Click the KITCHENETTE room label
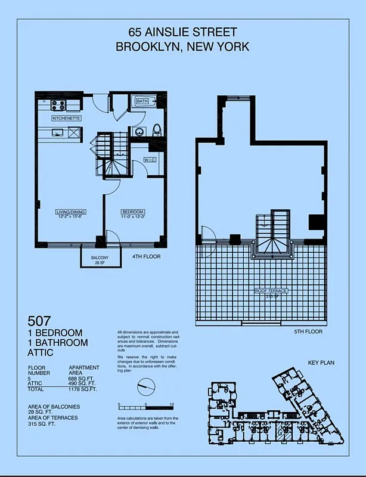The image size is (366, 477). pos(66,119)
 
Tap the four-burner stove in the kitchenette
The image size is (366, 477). pos(58,106)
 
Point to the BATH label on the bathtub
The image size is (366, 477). pos(142,102)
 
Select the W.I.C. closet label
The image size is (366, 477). pos(150,160)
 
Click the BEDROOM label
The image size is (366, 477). pos(132,212)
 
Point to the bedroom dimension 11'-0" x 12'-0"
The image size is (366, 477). pos(132,216)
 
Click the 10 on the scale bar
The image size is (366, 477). pos(172,405)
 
